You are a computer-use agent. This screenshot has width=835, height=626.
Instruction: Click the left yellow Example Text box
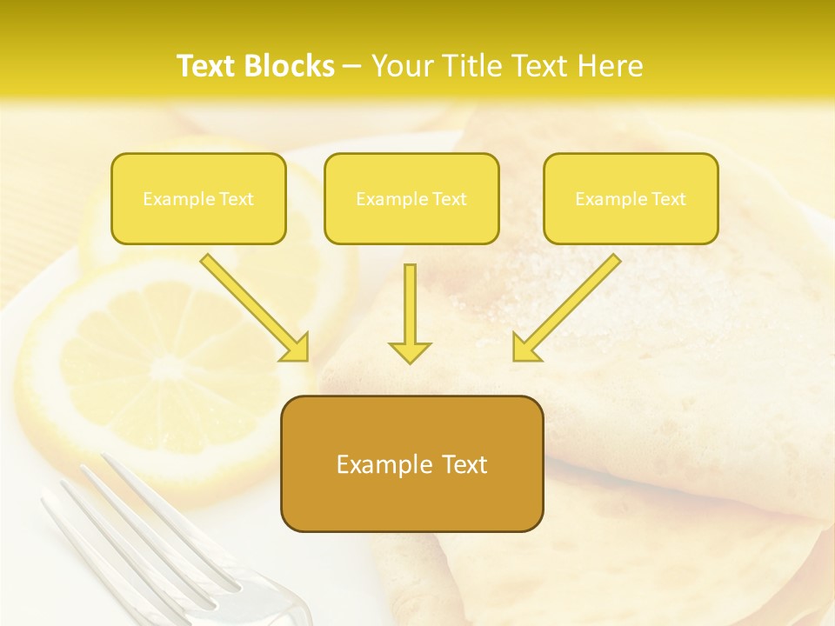pyautogui.click(x=198, y=198)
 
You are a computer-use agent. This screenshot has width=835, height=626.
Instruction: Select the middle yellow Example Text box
pyautogui.click(x=411, y=198)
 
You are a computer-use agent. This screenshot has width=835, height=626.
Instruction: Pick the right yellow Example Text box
pyautogui.click(x=631, y=198)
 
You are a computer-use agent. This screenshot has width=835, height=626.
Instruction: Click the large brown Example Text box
pyautogui.click(x=411, y=463)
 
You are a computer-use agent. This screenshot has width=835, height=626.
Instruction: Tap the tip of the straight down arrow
pyautogui.click(x=410, y=360)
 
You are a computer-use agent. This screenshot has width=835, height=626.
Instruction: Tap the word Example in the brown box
pyautogui.click(x=384, y=465)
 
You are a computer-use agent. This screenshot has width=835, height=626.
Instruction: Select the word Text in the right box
pyautogui.click(x=669, y=199)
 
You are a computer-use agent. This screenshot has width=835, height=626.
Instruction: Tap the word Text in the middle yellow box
pyautogui.click(x=450, y=199)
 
